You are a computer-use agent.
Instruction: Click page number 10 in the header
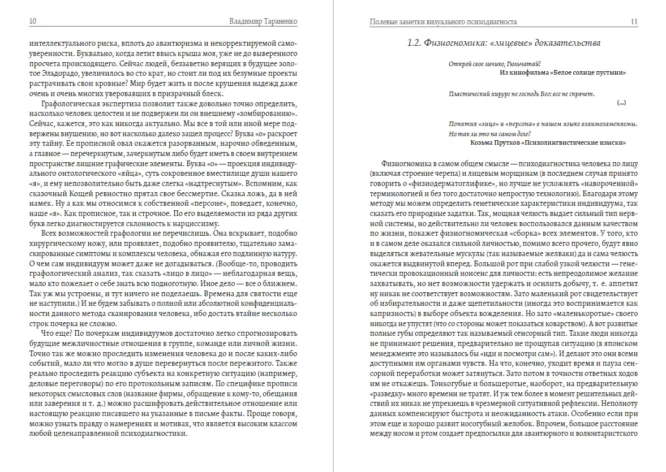point(33,21)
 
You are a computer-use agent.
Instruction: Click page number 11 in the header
point(634,21)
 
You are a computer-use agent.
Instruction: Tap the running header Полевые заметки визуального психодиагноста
point(443,21)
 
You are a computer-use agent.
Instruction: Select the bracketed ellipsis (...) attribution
point(621,103)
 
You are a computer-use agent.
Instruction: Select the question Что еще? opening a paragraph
point(54,334)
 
